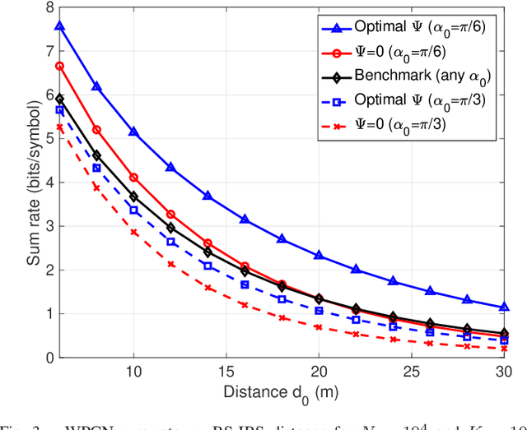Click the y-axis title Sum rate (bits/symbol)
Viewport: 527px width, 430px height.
coord(16,182)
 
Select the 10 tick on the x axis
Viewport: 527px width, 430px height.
coord(133,372)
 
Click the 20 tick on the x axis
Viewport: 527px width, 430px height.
coord(319,372)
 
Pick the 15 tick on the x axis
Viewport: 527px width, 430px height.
coord(226,372)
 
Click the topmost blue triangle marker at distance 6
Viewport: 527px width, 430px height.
coord(59,26)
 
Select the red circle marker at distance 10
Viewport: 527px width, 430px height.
coord(133,178)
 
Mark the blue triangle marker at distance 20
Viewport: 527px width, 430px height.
coord(319,256)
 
